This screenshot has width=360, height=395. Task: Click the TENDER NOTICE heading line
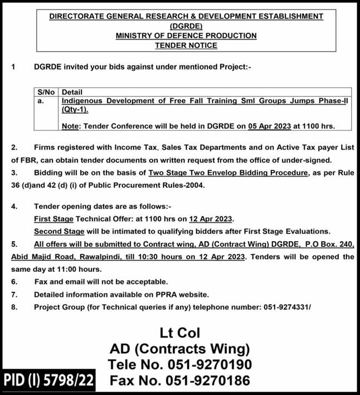click(x=186, y=45)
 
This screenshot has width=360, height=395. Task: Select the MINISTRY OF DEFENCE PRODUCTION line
click(x=186, y=36)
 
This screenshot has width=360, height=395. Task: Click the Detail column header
click(x=72, y=92)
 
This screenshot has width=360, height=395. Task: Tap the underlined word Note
click(x=70, y=126)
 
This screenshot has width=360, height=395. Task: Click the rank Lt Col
click(x=179, y=333)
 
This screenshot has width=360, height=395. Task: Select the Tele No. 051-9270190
click(x=179, y=365)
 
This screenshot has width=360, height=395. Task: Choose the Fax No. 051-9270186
click(x=179, y=382)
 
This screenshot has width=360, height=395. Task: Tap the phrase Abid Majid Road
click(x=39, y=257)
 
